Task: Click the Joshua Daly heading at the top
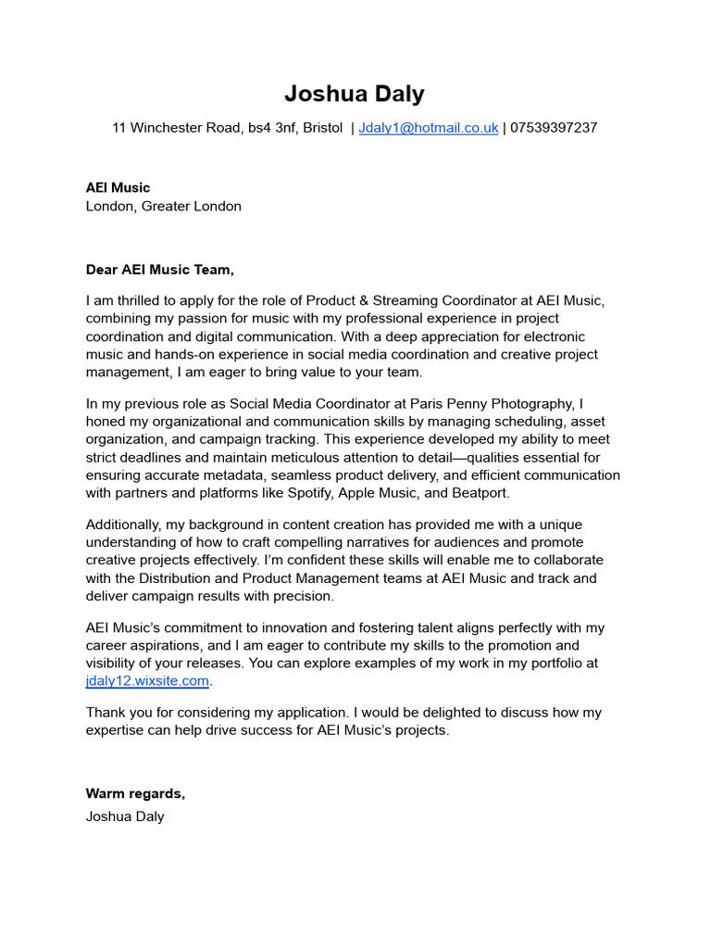[x=355, y=94]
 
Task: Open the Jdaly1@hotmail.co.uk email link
[x=429, y=128]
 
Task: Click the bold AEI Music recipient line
[x=118, y=188]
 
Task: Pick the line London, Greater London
[x=164, y=206]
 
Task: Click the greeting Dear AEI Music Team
[x=160, y=270]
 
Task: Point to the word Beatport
[x=480, y=493]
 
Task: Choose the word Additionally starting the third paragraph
[x=123, y=525]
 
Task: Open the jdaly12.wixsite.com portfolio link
[x=148, y=681]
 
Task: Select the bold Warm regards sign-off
[x=135, y=793]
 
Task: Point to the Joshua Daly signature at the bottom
[x=125, y=816]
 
